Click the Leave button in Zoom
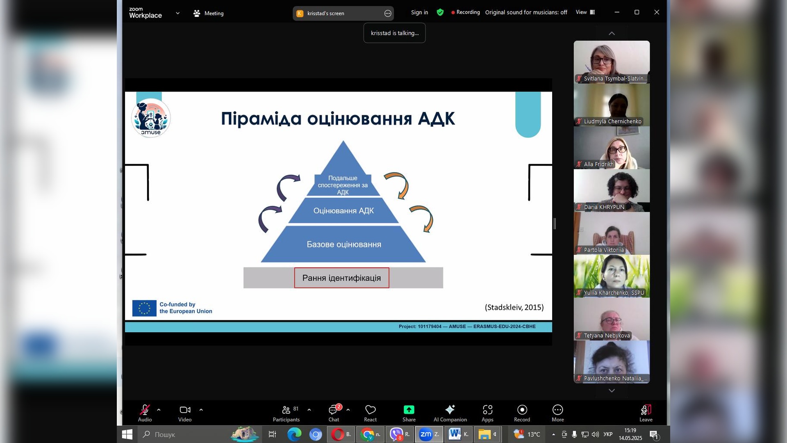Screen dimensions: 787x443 point(646,413)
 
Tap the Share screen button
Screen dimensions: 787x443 point(409,413)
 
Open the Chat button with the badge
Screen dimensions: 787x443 point(334,413)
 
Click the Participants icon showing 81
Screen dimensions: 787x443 point(286,413)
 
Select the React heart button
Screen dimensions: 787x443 point(370,413)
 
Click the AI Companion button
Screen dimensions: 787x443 point(450,413)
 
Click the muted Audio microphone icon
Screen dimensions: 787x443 point(145,409)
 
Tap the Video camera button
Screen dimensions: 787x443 point(185,413)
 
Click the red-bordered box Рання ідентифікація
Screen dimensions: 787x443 point(341,278)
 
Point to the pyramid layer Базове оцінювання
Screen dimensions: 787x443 point(343,244)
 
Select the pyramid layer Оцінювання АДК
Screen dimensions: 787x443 point(343,211)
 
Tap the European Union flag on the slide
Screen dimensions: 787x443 point(144,308)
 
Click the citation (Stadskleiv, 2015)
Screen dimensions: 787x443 point(514,307)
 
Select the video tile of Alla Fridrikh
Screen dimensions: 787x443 point(612,148)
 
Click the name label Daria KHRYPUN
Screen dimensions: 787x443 point(604,207)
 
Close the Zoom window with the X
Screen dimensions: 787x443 point(657,12)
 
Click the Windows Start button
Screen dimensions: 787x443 point(127,434)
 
